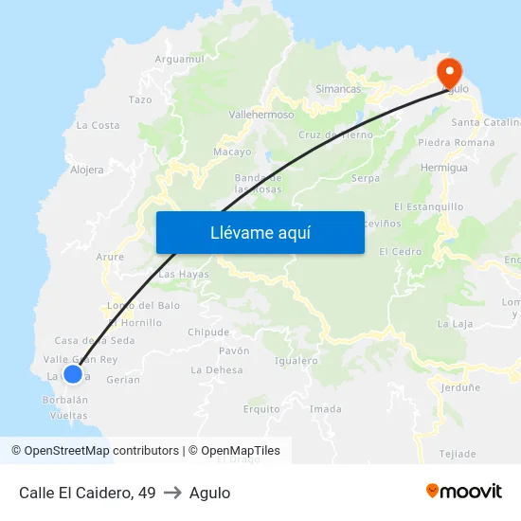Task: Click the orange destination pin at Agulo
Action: tap(448, 72)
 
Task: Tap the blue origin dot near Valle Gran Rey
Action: tap(72, 373)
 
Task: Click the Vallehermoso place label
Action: tap(260, 114)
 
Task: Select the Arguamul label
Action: tap(179, 59)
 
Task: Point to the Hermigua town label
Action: tap(444, 168)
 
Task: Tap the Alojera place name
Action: tap(87, 171)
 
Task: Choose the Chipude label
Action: tap(208, 332)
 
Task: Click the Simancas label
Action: tap(338, 89)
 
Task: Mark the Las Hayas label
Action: tap(184, 275)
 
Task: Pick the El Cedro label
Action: tap(400, 252)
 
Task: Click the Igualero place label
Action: tap(296, 361)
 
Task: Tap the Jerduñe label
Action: tap(459, 387)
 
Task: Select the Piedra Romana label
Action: tap(456, 143)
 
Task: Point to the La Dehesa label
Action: tap(217, 370)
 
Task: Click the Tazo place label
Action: tap(140, 99)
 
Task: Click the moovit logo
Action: tap(464, 492)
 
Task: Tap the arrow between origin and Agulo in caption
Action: tap(172, 493)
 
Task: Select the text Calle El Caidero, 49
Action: tap(87, 493)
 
